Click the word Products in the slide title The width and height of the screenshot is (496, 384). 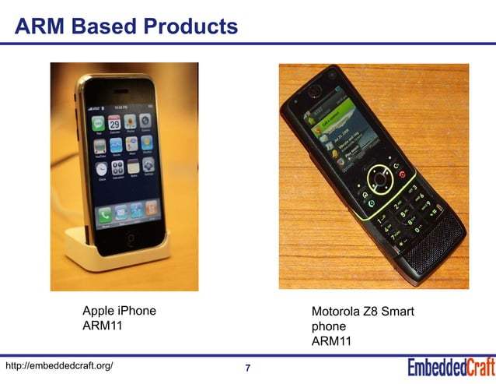tap(190, 27)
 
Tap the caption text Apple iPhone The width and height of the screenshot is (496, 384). tap(119, 312)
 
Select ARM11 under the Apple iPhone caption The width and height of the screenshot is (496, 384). tap(103, 326)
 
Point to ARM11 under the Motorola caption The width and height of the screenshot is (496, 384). tap(332, 341)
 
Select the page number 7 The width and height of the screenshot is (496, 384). tap(247, 368)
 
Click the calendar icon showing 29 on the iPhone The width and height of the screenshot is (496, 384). tap(113, 123)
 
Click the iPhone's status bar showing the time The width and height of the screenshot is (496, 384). tap(121, 107)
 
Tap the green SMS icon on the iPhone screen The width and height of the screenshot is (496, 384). tap(98, 123)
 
